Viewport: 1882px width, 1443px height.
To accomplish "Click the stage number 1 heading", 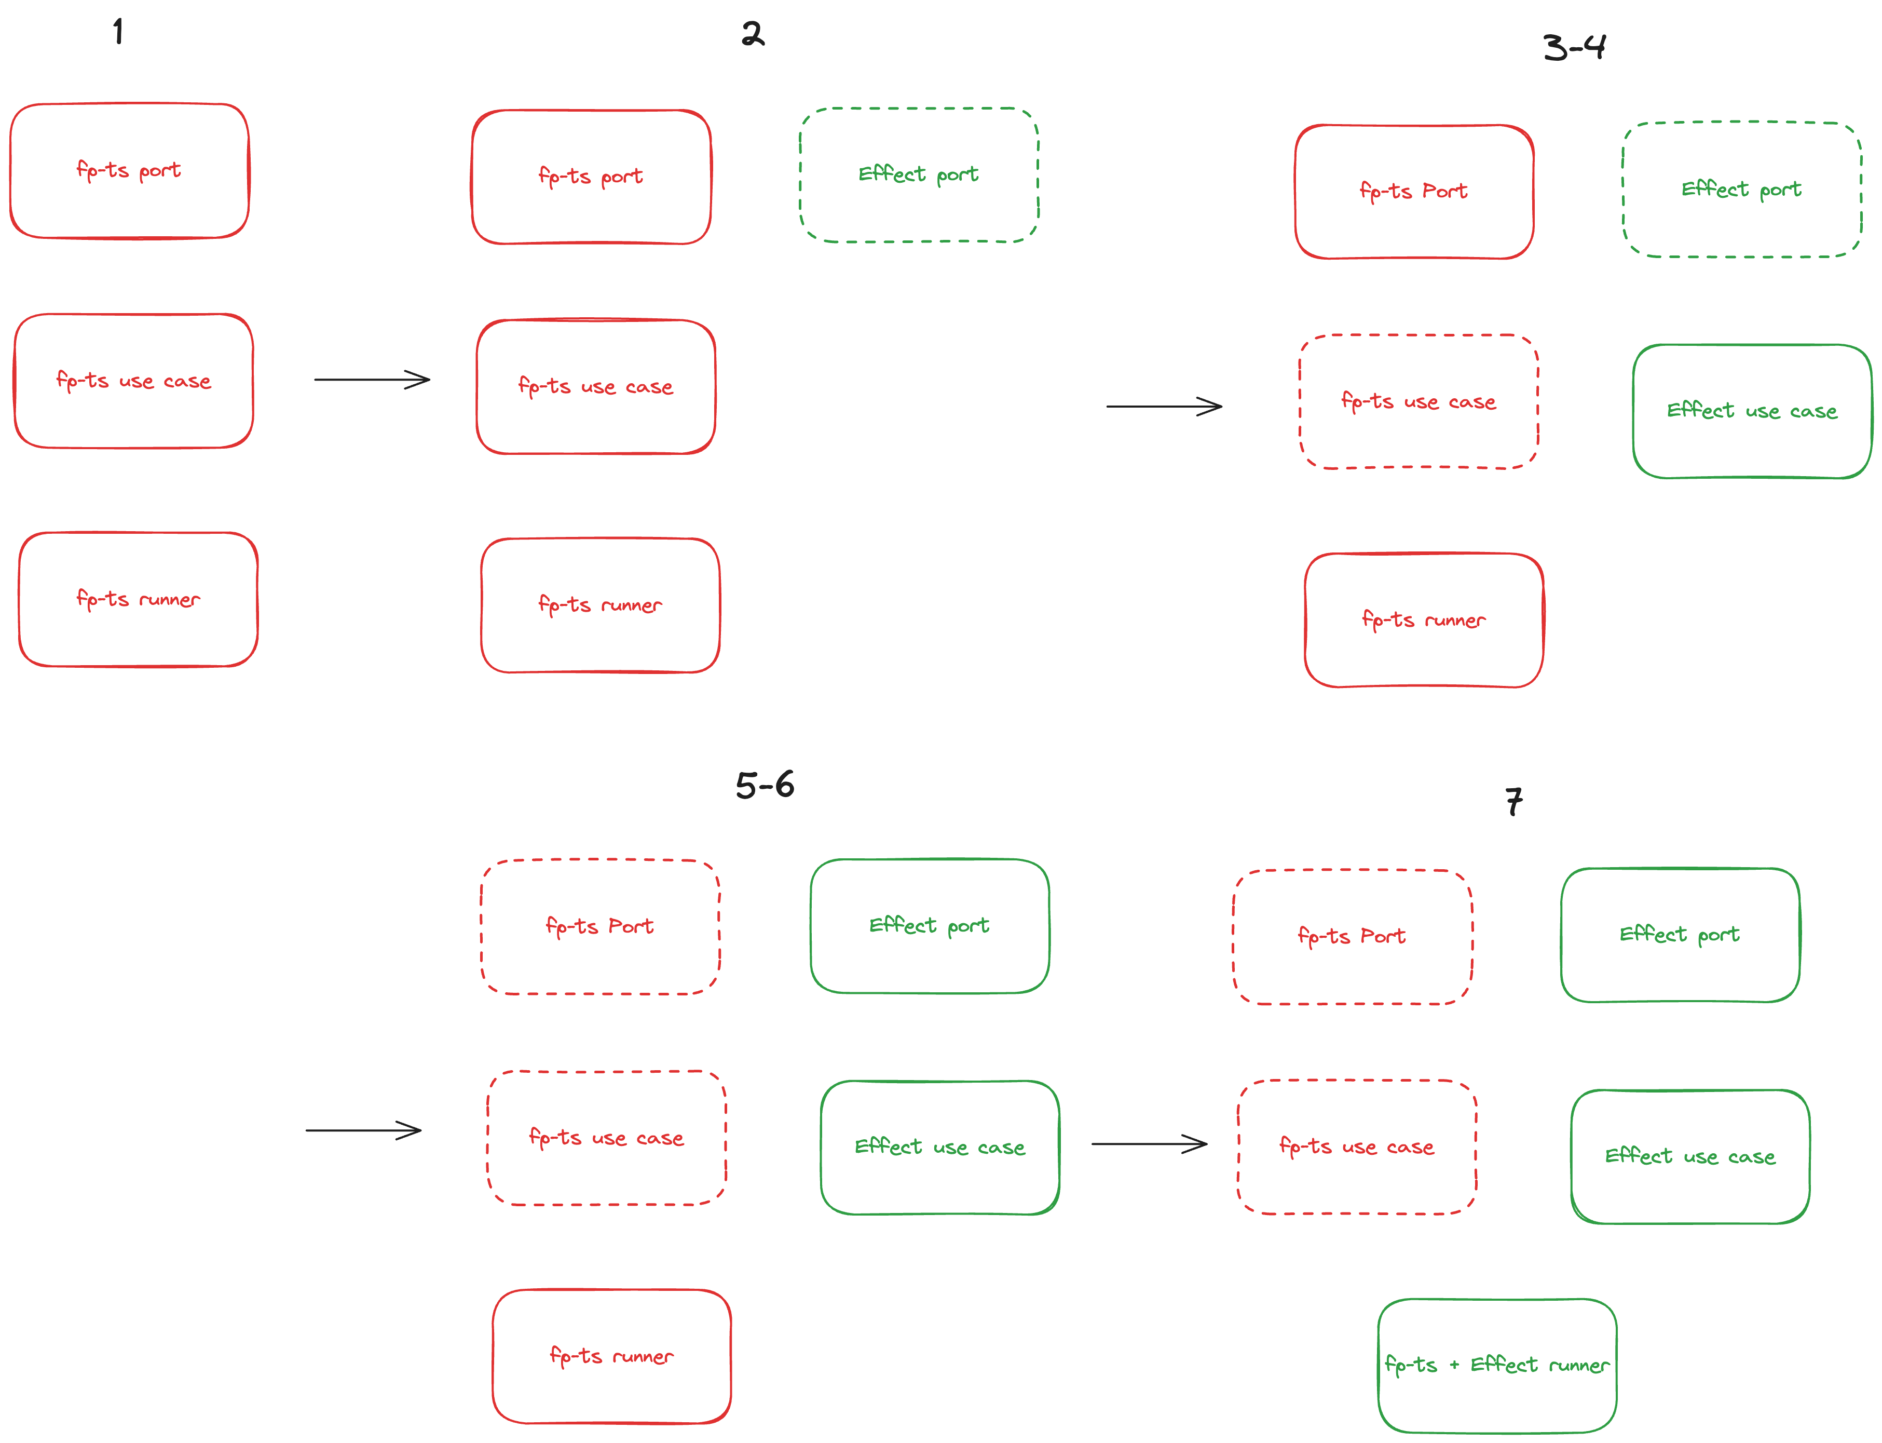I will [118, 33].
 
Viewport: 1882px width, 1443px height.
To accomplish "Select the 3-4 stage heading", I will [1574, 47].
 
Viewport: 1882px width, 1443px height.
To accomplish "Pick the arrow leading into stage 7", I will [1149, 1143].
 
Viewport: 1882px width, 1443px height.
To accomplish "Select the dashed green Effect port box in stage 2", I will [919, 175].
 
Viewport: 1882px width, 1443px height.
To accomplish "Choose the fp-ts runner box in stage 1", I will [138, 600].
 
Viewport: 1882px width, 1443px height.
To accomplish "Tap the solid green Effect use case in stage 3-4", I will [1752, 411].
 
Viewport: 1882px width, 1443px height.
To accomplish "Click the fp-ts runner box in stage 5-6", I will [611, 1356].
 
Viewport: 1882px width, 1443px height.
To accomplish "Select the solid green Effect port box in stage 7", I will [1680, 935].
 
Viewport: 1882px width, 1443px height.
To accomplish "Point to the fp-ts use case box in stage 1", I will [133, 381].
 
